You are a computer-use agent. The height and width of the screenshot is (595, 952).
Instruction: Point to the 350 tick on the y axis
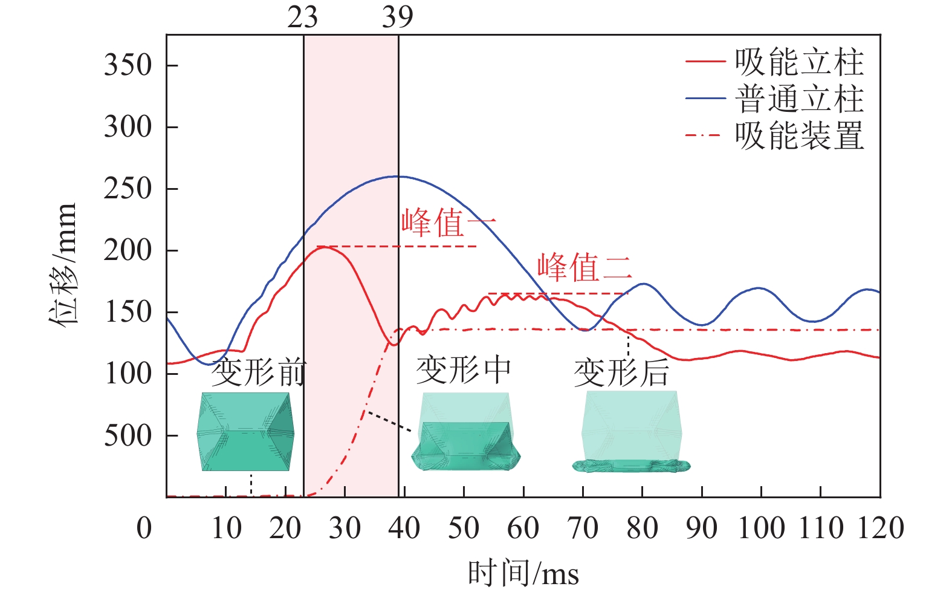[x=128, y=65]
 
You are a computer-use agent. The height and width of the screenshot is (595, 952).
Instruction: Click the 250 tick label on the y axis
[x=128, y=189]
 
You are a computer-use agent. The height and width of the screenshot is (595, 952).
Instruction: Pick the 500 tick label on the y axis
[x=128, y=435]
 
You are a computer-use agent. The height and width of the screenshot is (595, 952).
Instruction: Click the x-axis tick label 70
[x=583, y=528]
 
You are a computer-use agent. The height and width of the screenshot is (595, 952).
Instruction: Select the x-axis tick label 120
[x=880, y=528]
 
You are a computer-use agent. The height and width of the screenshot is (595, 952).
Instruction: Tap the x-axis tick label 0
[x=144, y=528]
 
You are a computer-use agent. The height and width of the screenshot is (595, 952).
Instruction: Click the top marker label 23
[x=303, y=18]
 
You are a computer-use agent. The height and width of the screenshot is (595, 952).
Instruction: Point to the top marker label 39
[x=398, y=18]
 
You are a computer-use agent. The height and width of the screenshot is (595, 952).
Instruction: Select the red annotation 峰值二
[x=584, y=268]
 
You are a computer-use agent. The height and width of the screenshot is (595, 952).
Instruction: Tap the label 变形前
[x=259, y=372]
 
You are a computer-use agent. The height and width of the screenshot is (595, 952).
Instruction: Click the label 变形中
[x=464, y=369]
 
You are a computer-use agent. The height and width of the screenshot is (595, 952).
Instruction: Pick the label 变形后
[x=621, y=372]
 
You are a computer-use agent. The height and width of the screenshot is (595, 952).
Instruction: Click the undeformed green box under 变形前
[x=245, y=431]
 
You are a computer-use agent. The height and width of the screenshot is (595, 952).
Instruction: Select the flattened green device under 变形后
[x=631, y=465]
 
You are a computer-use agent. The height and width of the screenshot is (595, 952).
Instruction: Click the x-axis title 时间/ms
[x=523, y=573]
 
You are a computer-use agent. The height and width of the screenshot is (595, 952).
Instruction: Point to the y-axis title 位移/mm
[x=63, y=264]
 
